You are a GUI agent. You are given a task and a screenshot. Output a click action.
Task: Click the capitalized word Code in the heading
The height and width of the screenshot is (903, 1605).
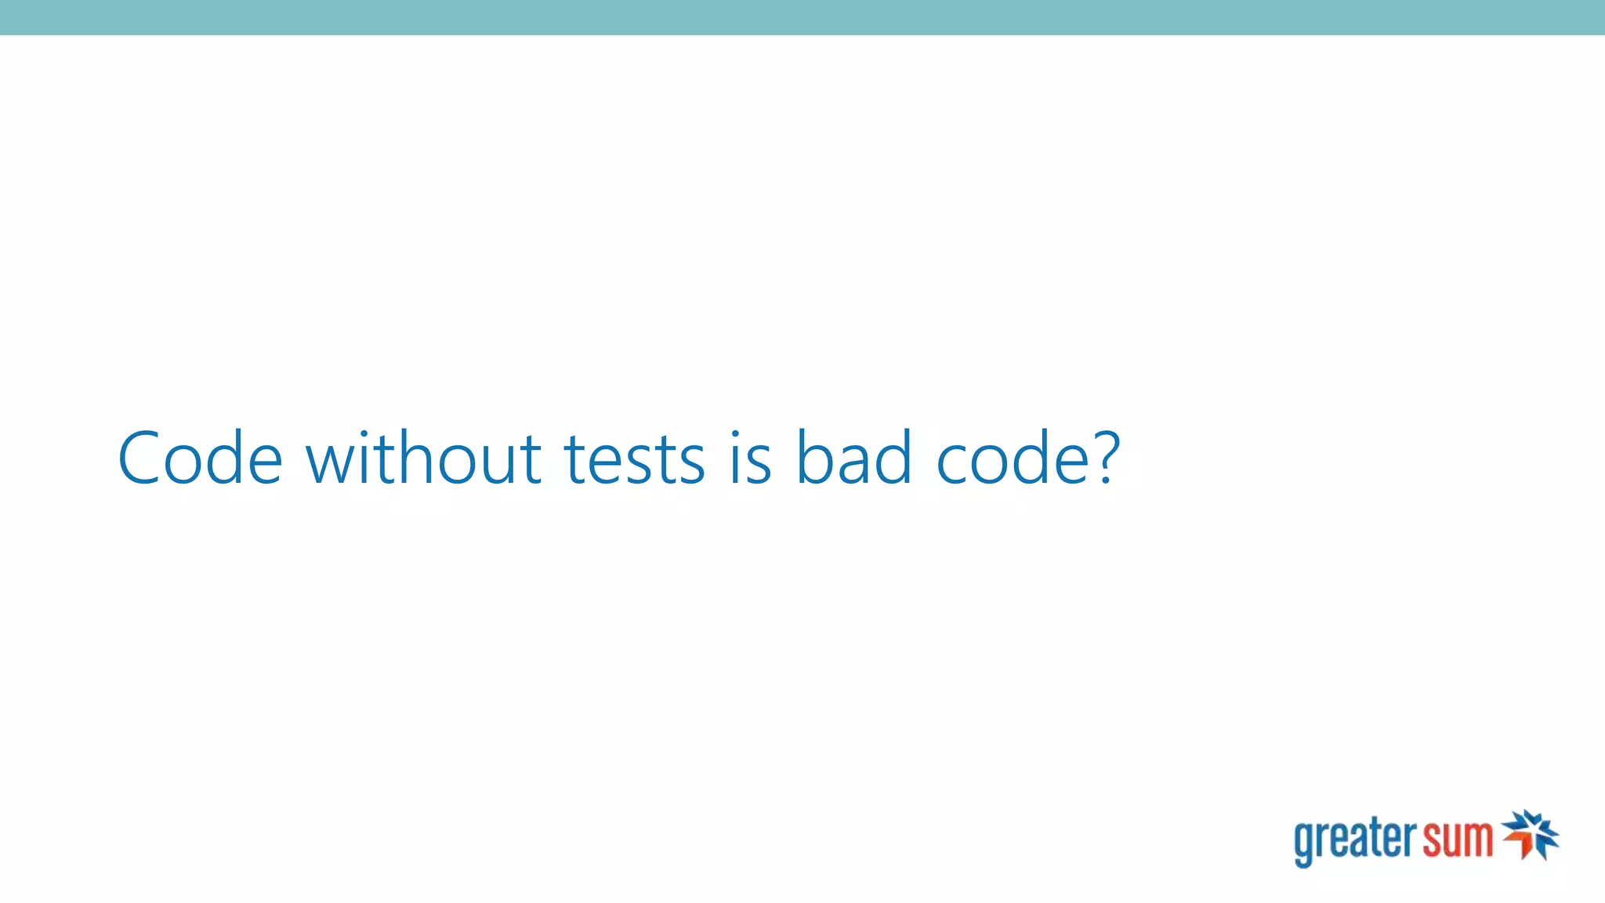tap(200, 458)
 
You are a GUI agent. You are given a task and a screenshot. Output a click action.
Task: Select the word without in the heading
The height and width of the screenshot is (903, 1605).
tap(423, 458)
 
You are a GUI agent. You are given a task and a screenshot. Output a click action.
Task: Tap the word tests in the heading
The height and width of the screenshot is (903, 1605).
tap(634, 458)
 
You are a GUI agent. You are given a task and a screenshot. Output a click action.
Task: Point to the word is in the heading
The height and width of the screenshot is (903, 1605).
tap(751, 458)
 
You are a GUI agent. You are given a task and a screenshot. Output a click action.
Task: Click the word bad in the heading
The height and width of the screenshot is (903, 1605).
tap(853, 458)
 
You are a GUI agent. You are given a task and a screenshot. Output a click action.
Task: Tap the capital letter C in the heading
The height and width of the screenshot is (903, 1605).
tap(144, 458)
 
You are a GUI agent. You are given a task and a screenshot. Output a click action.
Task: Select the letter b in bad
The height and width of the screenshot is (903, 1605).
tap(815, 458)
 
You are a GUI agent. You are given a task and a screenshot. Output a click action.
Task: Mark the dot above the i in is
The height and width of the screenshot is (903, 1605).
tap(735, 433)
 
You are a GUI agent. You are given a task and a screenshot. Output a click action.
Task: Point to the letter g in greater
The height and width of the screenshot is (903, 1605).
tap(1304, 845)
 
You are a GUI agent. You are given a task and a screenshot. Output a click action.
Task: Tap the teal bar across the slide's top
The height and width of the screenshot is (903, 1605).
tap(802, 17)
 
